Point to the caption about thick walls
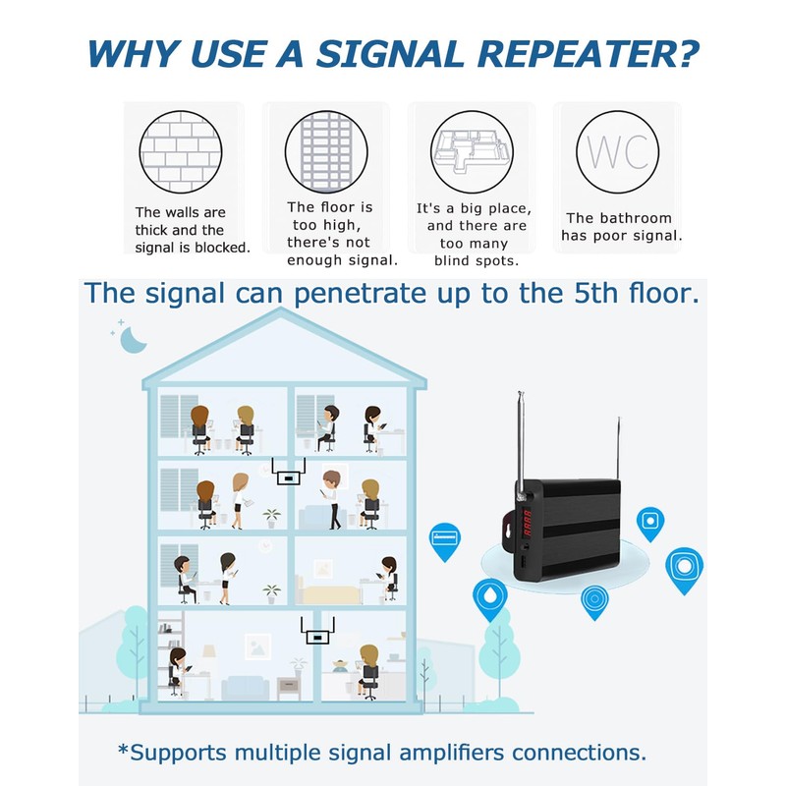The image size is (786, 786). (x=193, y=230)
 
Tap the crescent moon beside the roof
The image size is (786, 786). (x=133, y=339)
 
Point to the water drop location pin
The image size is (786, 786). (x=489, y=597)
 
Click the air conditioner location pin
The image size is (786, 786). (x=445, y=538)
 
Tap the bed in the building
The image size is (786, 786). (x=334, y=590)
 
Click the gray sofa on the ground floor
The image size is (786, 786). (x=245, y=686)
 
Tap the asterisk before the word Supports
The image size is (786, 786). (x=123, y=751)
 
